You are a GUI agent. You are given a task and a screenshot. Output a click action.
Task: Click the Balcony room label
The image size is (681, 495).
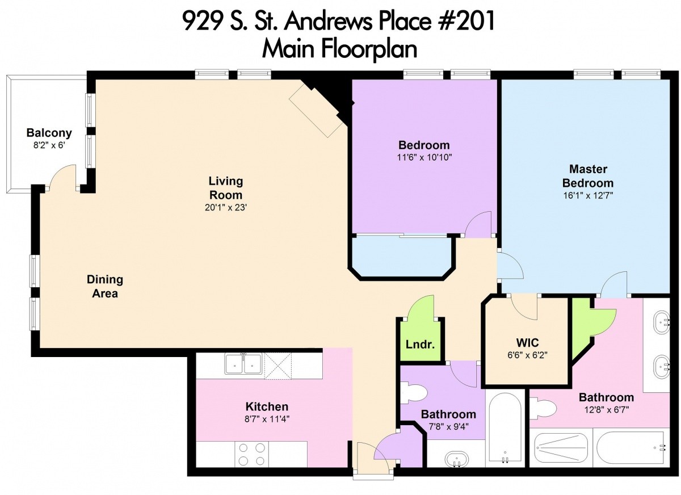[x=49, y=133]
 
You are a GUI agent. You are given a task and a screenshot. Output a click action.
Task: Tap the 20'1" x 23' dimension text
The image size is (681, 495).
[x=226, y=207]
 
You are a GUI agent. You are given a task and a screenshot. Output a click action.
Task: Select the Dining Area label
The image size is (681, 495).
[x=105, y=287]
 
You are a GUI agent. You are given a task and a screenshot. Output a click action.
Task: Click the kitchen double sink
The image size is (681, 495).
[x=243, y=364]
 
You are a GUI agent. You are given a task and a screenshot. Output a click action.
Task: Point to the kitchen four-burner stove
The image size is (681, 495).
[x=252, y=454]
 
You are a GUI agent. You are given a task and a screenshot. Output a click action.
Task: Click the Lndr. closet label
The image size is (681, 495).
[x=420, y=345]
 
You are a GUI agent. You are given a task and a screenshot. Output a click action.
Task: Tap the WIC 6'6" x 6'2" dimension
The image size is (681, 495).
[x=527, y=355]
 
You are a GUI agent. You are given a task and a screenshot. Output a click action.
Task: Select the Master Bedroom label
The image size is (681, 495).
[x=588, y=176]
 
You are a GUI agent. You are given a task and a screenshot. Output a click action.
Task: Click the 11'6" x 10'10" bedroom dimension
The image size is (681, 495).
[x=424, y=157]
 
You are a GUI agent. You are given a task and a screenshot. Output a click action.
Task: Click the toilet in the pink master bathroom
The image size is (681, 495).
[x=543, y=408]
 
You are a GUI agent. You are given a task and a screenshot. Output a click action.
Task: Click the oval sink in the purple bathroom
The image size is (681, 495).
[x=457, y=459]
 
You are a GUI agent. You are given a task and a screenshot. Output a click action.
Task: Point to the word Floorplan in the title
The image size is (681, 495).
[x=369, y=49]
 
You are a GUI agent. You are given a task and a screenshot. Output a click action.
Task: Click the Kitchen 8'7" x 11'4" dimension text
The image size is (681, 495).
[x=267, y=420]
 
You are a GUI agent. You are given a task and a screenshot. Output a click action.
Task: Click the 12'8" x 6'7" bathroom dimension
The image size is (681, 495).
[x=607, y=410]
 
